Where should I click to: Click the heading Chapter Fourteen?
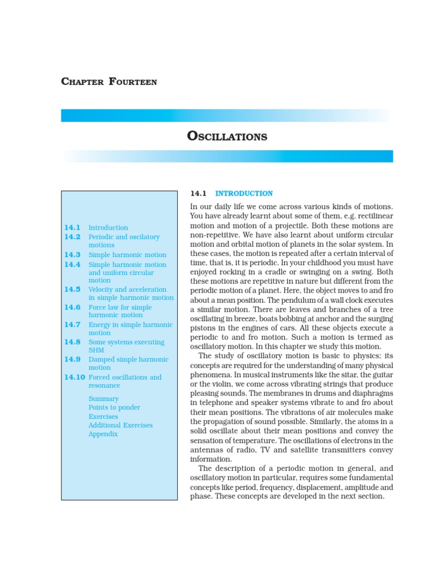[109, 82]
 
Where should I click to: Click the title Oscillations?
[227, 136]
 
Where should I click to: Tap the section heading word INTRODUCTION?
[244, 193]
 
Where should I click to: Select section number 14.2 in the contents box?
[73, 237]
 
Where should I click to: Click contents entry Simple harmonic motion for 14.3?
[127, 254]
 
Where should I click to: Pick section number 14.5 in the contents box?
[73, 289]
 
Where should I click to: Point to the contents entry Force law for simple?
[120, 307]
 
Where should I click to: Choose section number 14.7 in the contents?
[73, 325]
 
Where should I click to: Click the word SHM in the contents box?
[97, 350]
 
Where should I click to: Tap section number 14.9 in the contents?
[73, 359]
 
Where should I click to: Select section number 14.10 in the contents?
[74, 377]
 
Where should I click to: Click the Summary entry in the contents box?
[103, 399]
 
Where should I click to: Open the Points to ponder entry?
[115, 408]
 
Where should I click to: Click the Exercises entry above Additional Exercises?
[103, 417]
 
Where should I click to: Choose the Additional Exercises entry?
[121, 425]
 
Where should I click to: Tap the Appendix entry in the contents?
[103, 434]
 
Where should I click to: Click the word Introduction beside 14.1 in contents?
[108, 227]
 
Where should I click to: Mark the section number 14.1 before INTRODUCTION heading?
[198, 193]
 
